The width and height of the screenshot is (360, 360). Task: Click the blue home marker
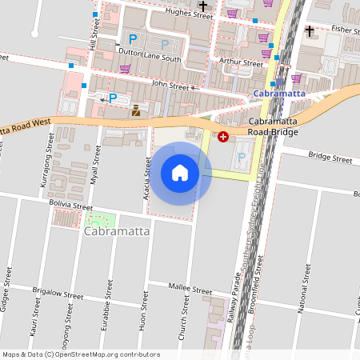click(x=180, y=172)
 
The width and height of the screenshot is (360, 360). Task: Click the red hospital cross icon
click(x=222, y=138)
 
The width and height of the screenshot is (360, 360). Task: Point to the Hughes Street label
click(x=189, y=14)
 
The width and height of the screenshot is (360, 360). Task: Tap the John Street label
click(x=170, y=86)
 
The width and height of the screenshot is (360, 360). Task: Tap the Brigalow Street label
click(x=58, y=295)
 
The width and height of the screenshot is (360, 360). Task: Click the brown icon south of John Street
click(x=135, y=111)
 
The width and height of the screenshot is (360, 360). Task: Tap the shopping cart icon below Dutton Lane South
click(x=125, y=69)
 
